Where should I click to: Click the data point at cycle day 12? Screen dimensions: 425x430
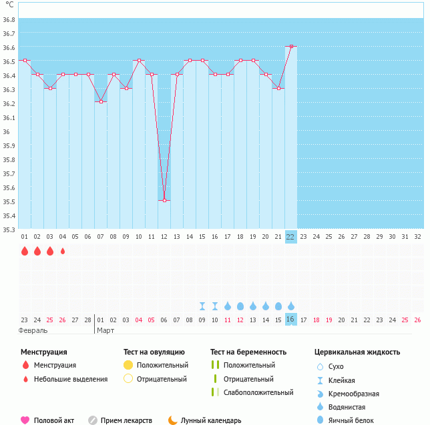164,200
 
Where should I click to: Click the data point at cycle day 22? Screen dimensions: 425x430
290,47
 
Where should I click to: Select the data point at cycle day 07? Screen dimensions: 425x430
101,101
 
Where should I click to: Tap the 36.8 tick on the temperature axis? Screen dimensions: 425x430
9,20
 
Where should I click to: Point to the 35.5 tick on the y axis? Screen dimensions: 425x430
9,202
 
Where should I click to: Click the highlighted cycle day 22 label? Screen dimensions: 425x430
290,236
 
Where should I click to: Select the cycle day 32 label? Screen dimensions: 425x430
417,236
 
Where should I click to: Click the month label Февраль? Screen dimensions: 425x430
33,330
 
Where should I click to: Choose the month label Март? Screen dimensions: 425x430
105,330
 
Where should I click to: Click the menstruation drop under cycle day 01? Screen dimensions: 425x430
25,251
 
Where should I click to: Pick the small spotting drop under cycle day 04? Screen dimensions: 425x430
63,251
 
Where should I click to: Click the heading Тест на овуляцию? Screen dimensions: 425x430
154,352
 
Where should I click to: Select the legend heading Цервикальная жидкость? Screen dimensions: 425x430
357,352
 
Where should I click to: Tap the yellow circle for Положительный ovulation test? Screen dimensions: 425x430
128,365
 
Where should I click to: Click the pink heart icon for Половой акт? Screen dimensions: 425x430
25,420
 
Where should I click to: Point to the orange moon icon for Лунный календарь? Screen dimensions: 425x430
173,420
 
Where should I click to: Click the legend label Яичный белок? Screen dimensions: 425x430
356,420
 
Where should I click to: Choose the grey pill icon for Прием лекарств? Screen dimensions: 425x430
93,420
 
